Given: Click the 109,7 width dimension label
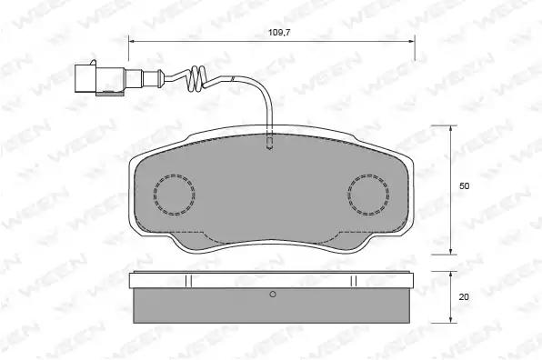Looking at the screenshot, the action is pyautogui.click(x=279, y=33).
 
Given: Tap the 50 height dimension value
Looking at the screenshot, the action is pyautogui.click(x=464, y=185).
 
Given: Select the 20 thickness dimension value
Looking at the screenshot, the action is pyautogui.click(x=464, y=296).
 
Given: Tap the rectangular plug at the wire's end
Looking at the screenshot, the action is pyautogui.click(x=85, y=78).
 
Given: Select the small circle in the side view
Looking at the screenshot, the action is pyautogui.click(x=273, y=294).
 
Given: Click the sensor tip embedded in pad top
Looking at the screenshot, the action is pyautogui.click(x=269, y=144).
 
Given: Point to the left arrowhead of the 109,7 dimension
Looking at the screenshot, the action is pyautogui.click(x=131, y=42).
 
